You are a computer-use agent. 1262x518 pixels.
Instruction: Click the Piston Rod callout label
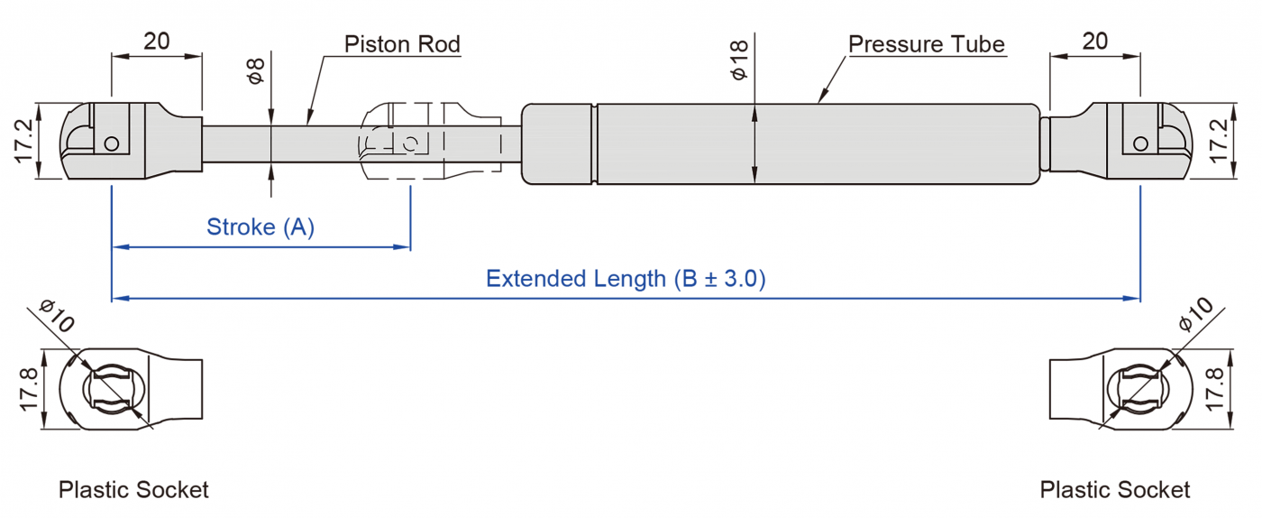coord(402,44)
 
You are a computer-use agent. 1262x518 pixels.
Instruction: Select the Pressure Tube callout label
coord(927,44)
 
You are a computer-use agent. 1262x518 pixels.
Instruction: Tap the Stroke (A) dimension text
coord(261,227)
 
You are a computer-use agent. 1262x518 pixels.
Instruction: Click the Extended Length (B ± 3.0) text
coord(626,278)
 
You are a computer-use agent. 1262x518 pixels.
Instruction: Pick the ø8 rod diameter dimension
coord(256,71)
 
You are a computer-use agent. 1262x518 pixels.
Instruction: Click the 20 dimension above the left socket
coord(156,42)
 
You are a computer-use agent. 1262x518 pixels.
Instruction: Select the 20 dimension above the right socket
coord(1094,42)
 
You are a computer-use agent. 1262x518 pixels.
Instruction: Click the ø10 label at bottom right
coord(1195,315)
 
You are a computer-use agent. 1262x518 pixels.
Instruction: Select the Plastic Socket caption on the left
coord(133,490)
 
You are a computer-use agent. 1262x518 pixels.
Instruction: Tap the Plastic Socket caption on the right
coord(1115,490)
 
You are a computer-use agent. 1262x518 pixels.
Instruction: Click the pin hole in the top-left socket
coord(112,143)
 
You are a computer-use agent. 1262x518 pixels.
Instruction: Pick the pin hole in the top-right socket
coord(1140,143)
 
